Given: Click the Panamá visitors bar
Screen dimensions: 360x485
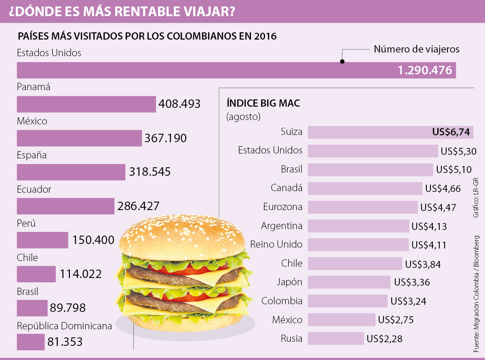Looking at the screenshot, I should pyautogui.click(x=86, y=104).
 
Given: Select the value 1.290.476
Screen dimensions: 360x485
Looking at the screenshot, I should pyautogui.click(x=425, y=70).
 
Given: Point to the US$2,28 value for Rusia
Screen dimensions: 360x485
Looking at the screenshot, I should pyautogui.click(x=384, y=339).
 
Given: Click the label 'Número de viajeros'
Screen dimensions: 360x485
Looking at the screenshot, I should pyautogui.click(x=416, y=49).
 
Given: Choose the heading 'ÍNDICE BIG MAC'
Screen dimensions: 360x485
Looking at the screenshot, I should pyautogui.click(x=263, y=103).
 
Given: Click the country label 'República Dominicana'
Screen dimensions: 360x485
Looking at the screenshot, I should pyautogui.click(x=64, y=326).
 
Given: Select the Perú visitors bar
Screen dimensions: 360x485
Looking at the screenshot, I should pyautogui.click(x=42, y=240).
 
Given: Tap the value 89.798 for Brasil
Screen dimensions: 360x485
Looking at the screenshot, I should pyautogui.click(x=68, y=308).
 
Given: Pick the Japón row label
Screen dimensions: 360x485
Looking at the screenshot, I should pyautogui.click(x=289, y=282).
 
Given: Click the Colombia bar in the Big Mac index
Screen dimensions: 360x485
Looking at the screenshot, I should pyautogui.click(x=348, y=301).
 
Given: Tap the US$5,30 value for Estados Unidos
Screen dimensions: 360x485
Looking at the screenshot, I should pyautogui.click(x=459, y=151).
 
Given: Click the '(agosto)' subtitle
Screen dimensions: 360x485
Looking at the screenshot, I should pyautogui.click(x=243, y=117).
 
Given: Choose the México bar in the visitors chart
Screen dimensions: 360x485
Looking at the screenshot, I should pyautogui.click(x=79, y=138).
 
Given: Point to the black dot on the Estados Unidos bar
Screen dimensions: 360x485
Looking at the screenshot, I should pyautogui.click(x=342, y=62).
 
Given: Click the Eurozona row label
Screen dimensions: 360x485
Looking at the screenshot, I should pyautogui.click(x=283, y=207).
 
